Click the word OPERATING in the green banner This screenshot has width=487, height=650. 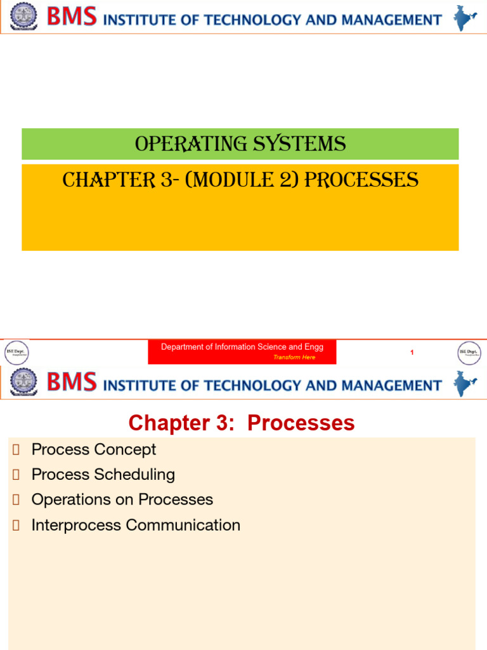[177, 145]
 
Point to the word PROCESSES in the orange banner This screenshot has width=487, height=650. [362, 181]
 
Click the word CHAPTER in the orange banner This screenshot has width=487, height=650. [101, 181]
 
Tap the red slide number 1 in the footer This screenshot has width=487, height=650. [412, 352]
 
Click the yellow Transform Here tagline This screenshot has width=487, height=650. [294, 357]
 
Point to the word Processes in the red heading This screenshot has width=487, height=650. [301, 423]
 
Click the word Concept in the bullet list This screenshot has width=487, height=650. [125, 449]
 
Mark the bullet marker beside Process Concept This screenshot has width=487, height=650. [16, 450]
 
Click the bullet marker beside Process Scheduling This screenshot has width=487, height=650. [16, 475]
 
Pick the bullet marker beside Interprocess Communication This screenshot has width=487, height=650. [16, 526]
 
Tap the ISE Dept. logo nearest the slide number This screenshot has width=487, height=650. [469, 352]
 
